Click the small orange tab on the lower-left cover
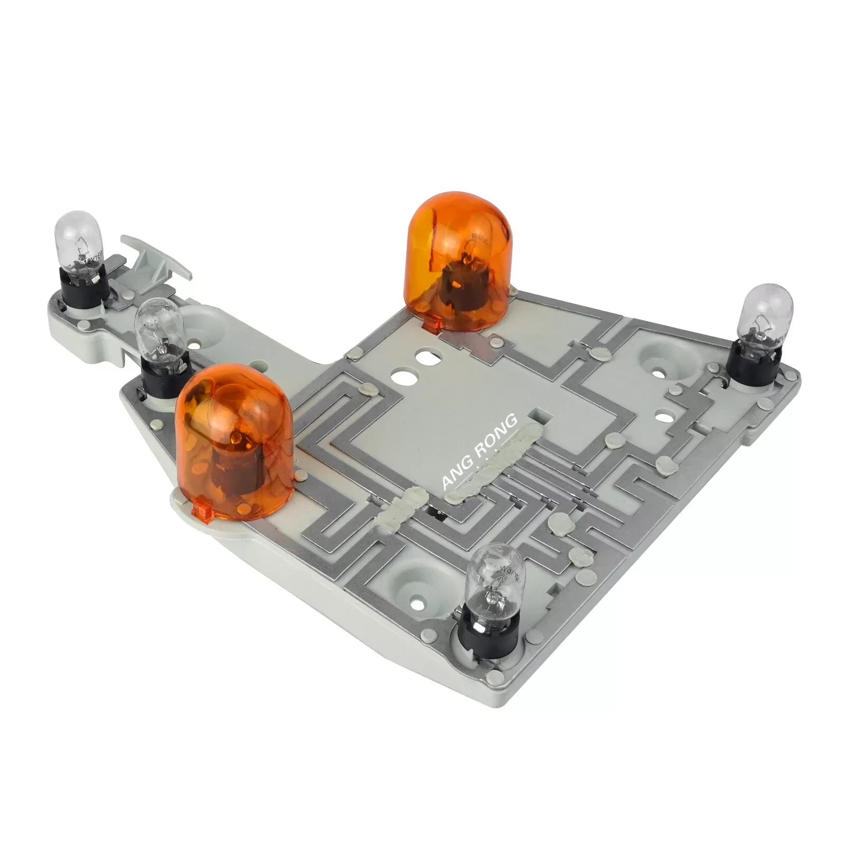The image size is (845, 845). pos(203,511)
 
